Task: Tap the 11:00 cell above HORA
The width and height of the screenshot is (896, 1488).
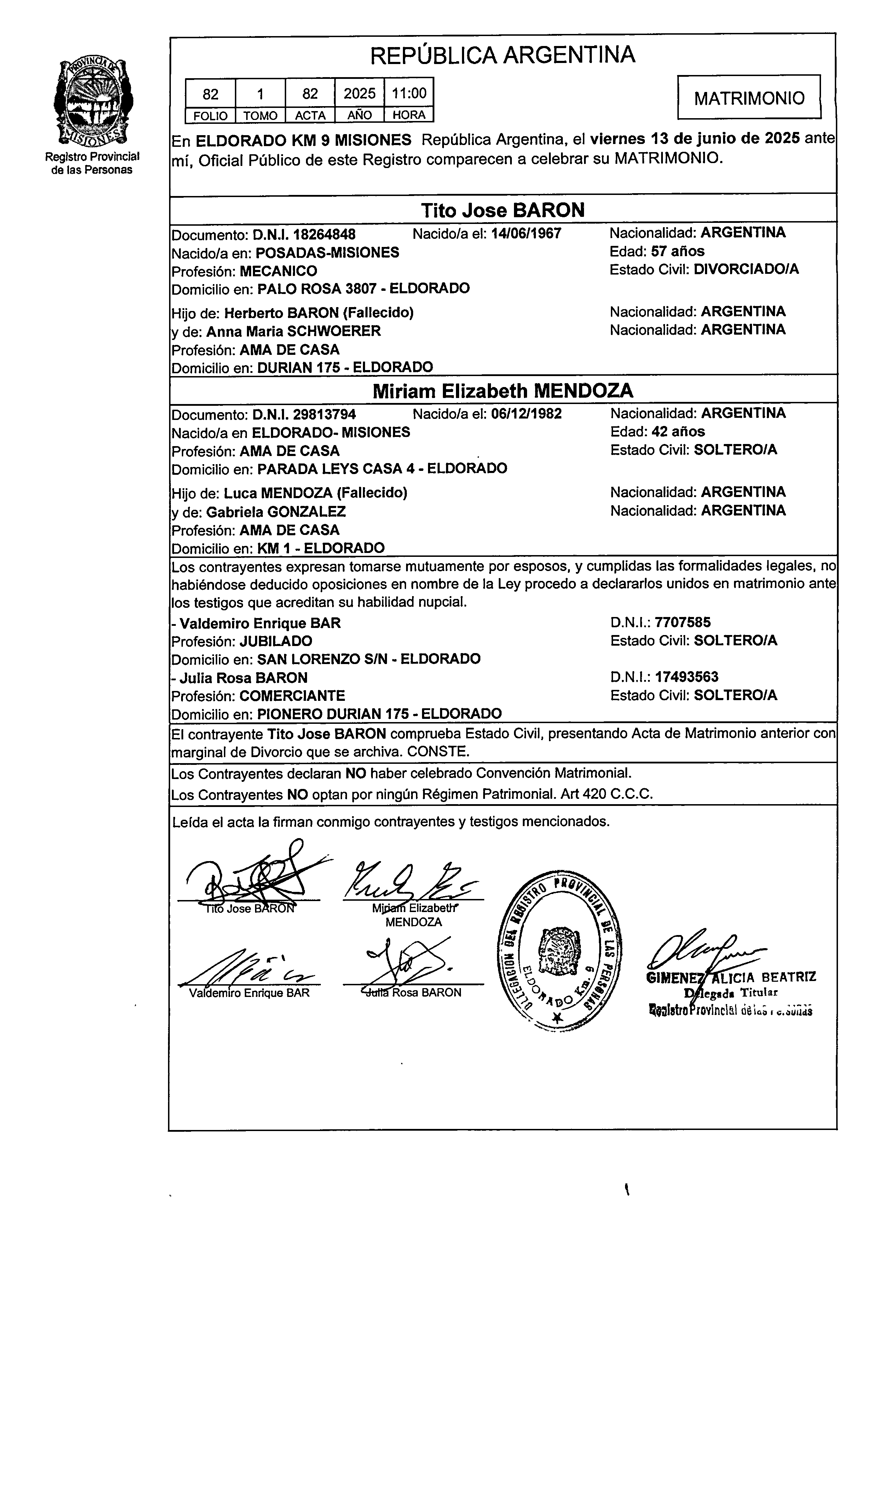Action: (409, 93)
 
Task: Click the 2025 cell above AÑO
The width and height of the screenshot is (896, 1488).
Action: (359, 93)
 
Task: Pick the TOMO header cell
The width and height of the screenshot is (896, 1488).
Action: (260, 115)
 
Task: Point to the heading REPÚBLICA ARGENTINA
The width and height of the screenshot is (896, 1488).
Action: (502, 55)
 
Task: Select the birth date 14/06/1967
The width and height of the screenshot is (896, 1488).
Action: (526, 234)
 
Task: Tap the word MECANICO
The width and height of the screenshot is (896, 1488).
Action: (278, 271)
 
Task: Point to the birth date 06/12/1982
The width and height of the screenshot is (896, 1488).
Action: (526, 414)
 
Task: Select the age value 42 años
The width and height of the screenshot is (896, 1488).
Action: (678, 431)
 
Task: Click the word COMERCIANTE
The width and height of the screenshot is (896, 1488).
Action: (292, 695)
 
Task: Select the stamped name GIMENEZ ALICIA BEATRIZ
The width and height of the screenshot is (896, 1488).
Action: (730, 977)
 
